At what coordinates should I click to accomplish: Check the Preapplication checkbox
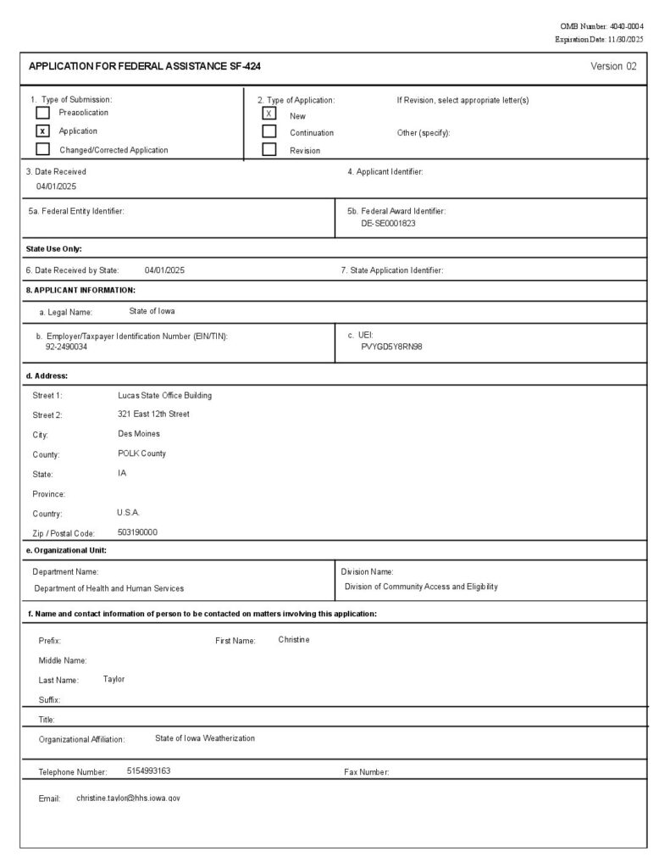(x=42, y=113)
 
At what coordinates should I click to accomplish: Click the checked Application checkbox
(x=42, y=131)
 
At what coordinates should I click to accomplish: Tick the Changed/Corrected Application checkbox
(x=42, y=150)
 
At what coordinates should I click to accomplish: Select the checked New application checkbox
(x=269, y=114)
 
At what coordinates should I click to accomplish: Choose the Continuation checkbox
(x=269, y=132)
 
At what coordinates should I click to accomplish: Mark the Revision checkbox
(x=269, y=150)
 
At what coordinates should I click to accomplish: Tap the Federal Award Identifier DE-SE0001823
(x=388, y=224)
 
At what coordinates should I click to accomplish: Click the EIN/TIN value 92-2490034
(x=66, y=347)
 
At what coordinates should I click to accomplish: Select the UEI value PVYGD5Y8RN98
(x=391, y=347)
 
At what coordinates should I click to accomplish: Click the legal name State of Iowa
(x=152, y=311)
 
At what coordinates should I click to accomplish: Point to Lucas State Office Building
(x=164, y=395)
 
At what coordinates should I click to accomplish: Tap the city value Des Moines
(x=139, y=433)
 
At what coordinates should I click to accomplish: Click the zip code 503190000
(x=137, y=532)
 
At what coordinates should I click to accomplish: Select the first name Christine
(x=294, y=639)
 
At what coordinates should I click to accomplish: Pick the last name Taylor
(x=114, y=679)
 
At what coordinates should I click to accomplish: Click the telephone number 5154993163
(x=148, y=771)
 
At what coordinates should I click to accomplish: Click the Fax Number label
(x=366, y=772)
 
